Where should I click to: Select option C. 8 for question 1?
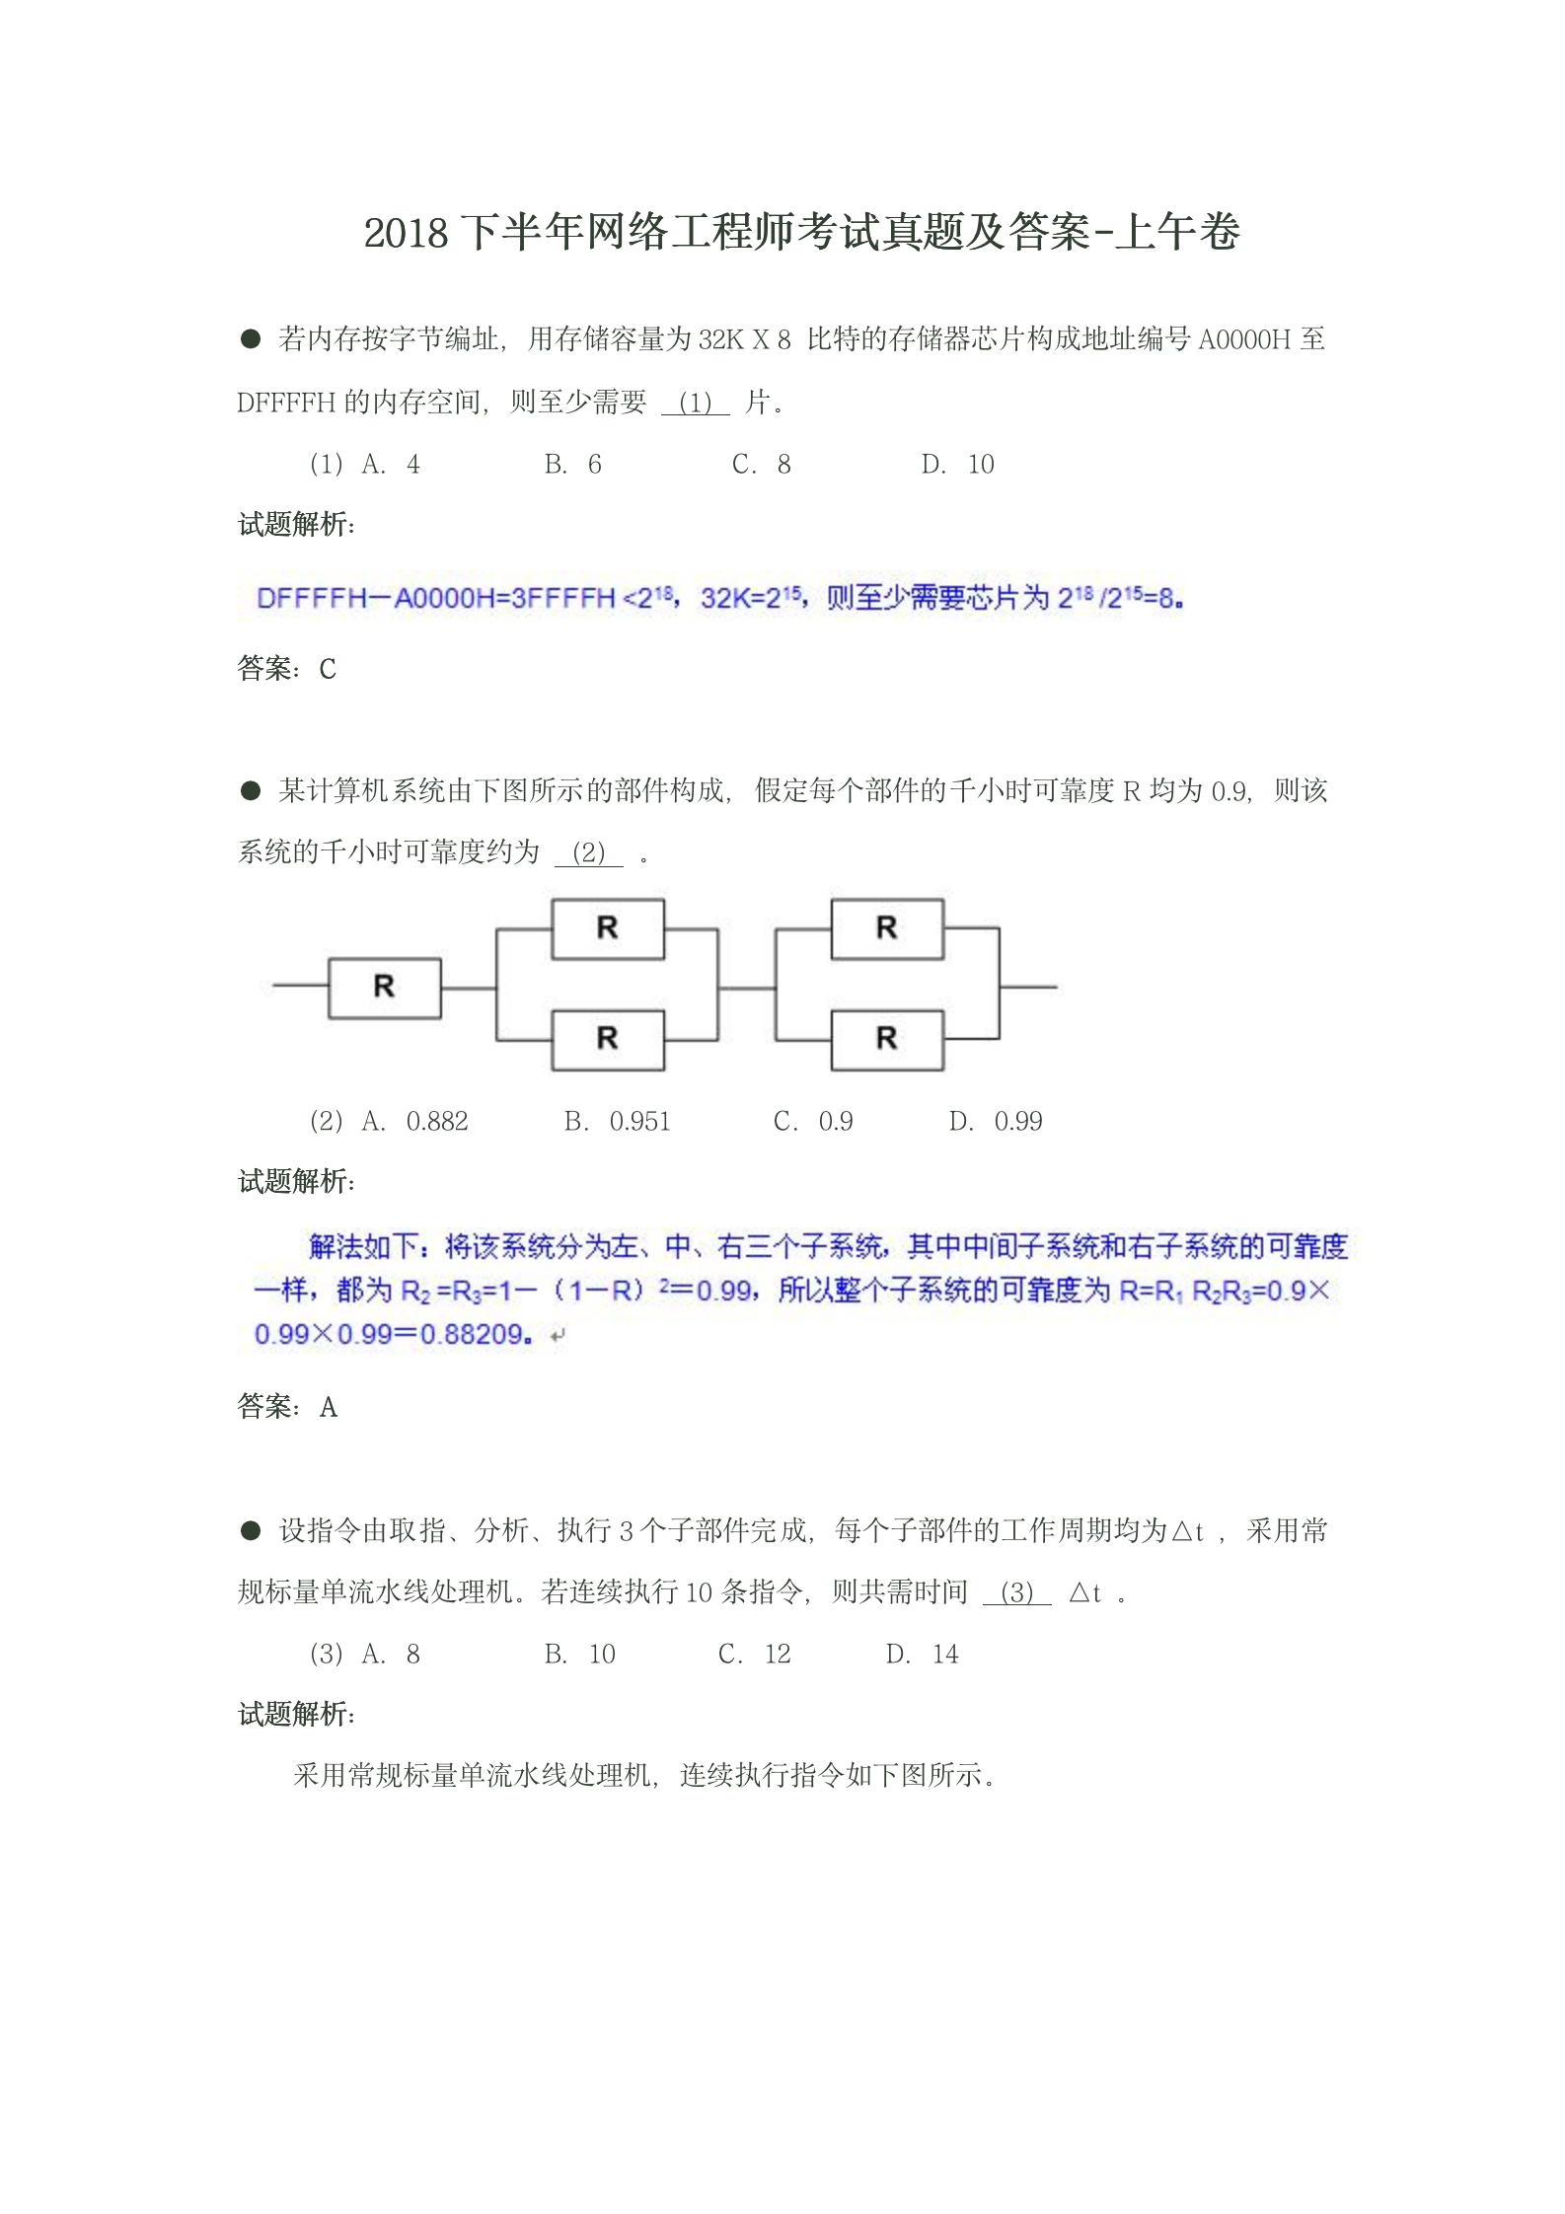[761, 465]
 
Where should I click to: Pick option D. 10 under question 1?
[957, 465]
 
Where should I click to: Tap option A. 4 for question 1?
[391, 465]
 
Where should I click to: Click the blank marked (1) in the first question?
[695, 403]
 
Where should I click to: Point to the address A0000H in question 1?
[1243, 340]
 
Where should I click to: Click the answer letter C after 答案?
[328, 670]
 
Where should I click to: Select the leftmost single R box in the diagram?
[384, 986]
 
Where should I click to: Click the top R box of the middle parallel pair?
[607, 928]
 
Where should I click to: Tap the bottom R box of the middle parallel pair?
[607, 1039]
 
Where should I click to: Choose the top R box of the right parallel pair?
[886, 928]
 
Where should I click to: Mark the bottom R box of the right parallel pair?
[886, 1039]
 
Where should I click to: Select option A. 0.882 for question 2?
[415, 1122]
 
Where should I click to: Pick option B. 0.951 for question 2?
[617, 1122]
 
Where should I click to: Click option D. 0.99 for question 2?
[996, 1122]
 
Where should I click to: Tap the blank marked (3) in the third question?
[1016, 1592]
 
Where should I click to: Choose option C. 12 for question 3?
[754, 1655]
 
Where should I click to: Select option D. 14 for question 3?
[922, 1655]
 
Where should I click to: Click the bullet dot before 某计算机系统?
[251, 790]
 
